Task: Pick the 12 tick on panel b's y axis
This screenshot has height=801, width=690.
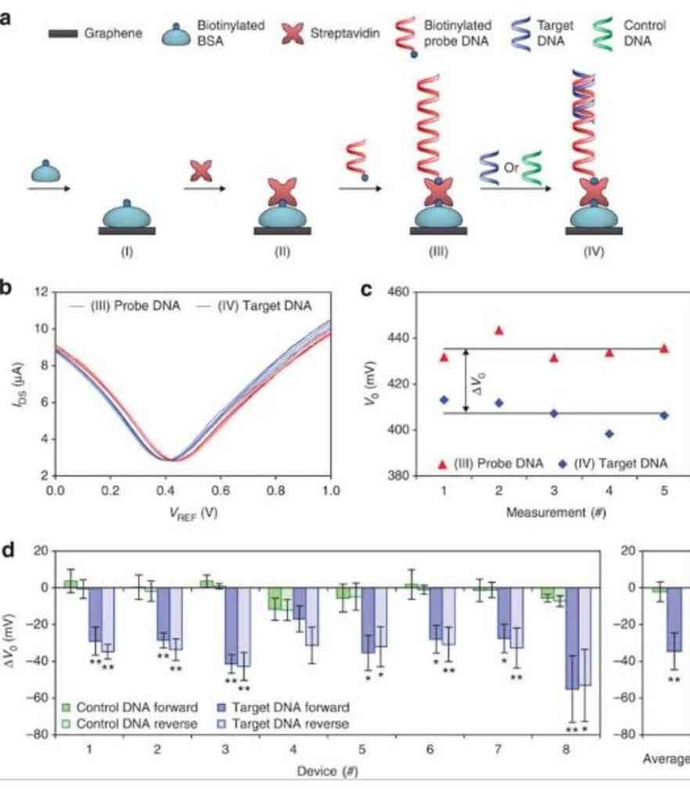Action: coord(45,292)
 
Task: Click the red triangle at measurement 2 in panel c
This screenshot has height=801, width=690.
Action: coord(499,330)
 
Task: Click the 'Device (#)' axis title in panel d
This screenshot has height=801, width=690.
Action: coord(323,770)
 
